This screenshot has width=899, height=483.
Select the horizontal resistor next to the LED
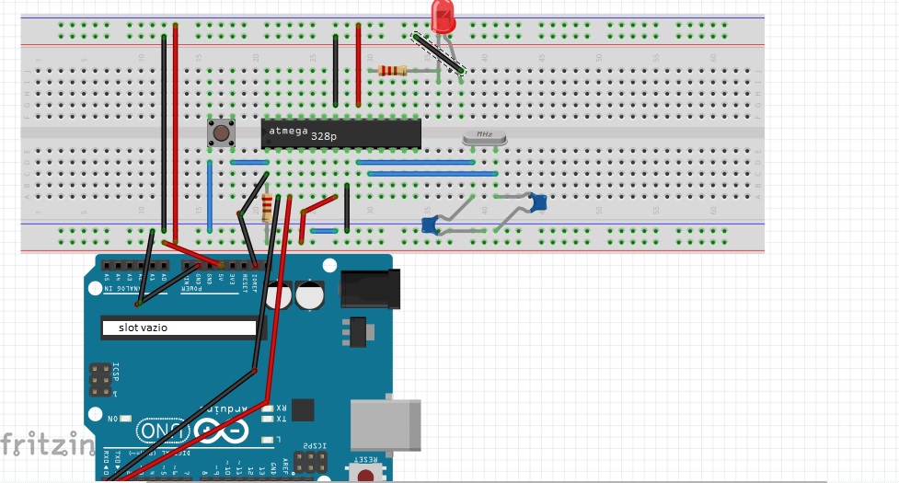394,71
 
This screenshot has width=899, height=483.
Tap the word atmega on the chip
287,131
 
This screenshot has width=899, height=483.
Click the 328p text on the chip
324,136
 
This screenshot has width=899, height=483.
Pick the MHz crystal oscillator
484,137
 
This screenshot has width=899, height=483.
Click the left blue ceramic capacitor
429,224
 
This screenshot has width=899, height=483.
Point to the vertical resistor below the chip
267,207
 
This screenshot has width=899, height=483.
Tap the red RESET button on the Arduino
366,475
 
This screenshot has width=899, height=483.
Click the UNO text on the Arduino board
157,431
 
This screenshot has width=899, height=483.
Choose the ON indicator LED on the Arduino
124,419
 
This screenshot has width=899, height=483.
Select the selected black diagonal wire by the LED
437,53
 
